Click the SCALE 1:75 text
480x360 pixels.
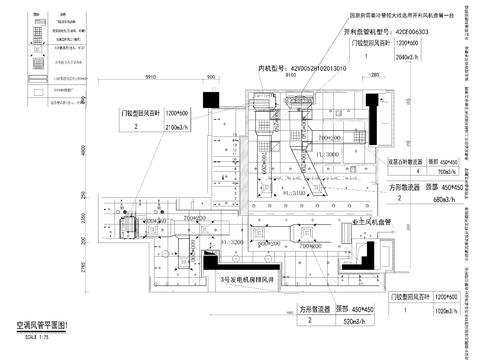tap(32, 336)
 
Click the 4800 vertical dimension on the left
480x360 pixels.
tap(86, 149)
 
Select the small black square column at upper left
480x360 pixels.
tap(210, 97)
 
